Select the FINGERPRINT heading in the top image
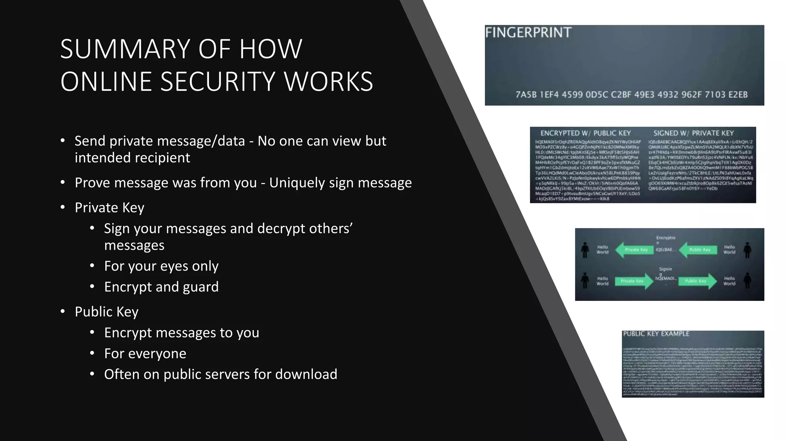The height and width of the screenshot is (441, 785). point(528,33)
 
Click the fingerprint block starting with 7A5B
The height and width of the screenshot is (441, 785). point(526,95)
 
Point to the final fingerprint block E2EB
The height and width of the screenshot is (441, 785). point(738,95)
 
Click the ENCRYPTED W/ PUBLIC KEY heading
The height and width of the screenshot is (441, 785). point(585,133)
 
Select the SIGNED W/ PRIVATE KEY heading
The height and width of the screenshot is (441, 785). point(693,133)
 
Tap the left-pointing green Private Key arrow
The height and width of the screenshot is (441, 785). point(635,250)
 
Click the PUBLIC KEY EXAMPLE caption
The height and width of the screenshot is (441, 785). point(656,334)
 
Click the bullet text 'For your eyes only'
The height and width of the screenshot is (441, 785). point(161,266)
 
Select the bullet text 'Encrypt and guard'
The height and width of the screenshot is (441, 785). point(161,287)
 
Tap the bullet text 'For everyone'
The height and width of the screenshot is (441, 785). point(145,353)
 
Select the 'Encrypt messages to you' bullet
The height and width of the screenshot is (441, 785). point(181,333)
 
